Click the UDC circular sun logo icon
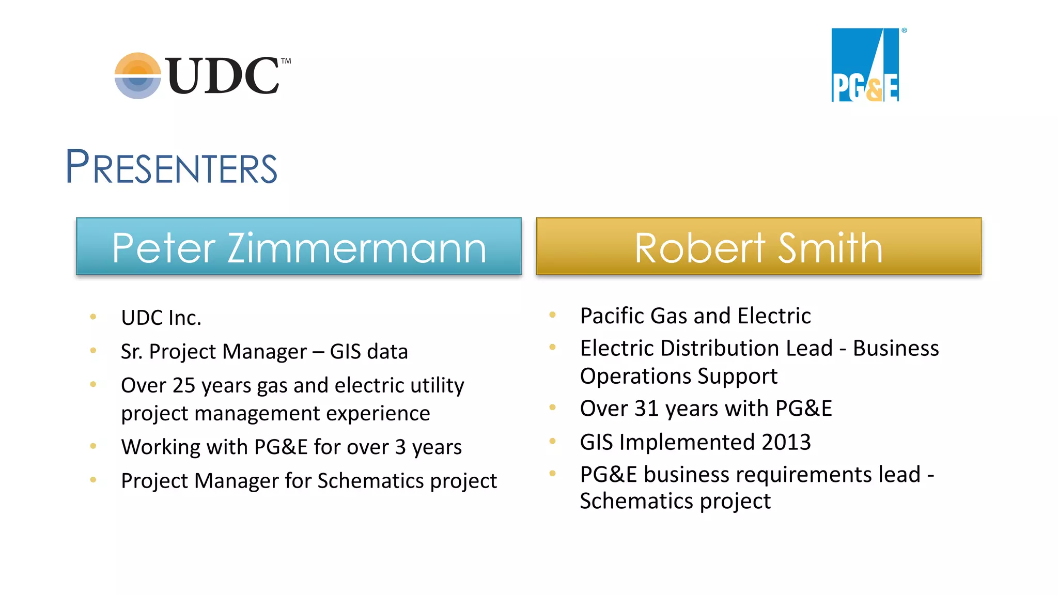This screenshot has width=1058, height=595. tap(137, 75)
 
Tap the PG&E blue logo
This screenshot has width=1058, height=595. tap(865, 65)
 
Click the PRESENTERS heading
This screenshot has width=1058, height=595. tap(171, 167)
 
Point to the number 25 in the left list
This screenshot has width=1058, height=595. tap(183, 385)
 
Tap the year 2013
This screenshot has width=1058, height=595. tap(785, 442)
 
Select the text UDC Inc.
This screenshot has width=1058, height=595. tap(161, 318)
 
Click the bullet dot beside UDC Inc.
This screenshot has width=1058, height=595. tap(93, 317)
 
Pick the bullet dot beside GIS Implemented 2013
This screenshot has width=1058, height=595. tap(552, 441)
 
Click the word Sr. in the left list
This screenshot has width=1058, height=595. tap(131, 352)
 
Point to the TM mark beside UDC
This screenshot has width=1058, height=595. tap(286, 61)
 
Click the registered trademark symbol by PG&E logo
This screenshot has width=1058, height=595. tap(904, 30)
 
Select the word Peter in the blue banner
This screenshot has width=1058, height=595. tap(163, 248)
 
